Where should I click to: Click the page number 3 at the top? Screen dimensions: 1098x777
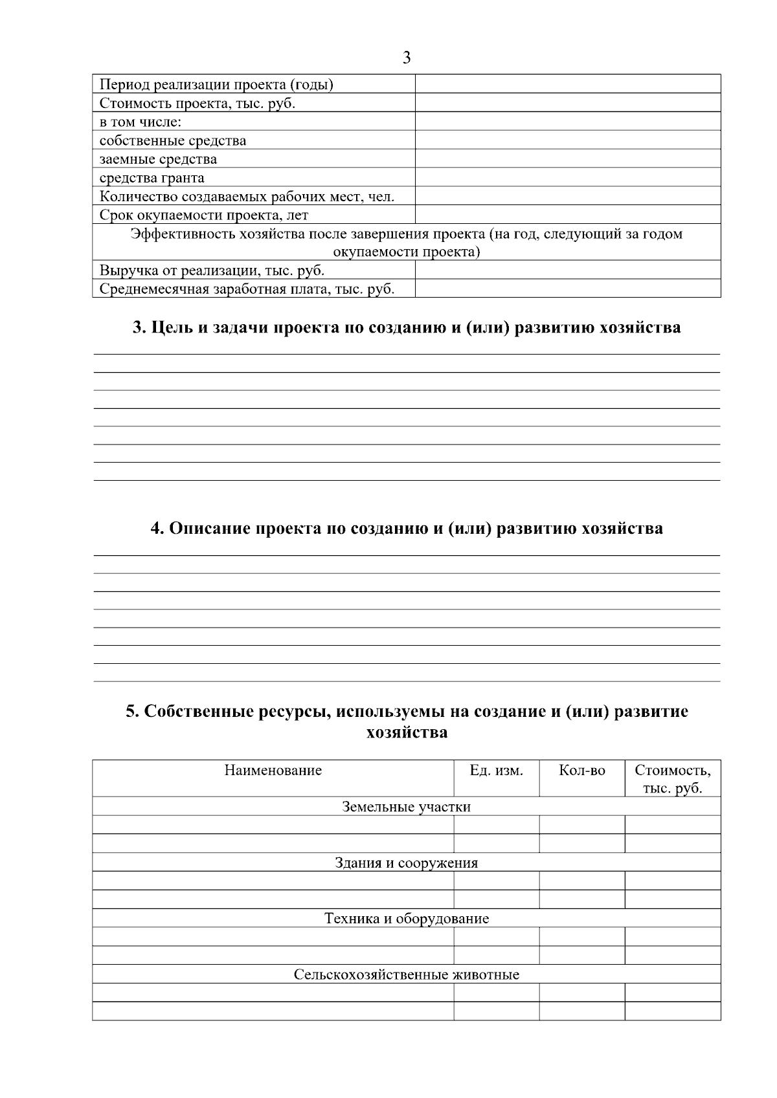(x=406, y=58)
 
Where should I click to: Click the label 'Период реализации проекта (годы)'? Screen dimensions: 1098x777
(x=216, y=85)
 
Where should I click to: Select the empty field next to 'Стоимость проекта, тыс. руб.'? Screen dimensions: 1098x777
(x=567, y=103)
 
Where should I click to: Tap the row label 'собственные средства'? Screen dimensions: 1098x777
(x=173, y=140)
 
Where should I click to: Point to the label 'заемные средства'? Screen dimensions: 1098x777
(x=159, y=159)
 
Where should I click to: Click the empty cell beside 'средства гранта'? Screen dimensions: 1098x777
(x=567, y=177)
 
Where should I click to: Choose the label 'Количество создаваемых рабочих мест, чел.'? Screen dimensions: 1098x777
(x=247, y=196)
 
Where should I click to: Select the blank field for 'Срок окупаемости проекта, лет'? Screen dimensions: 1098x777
(x=567, y=215)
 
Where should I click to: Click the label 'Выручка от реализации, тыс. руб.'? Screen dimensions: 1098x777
(x=212, y=270)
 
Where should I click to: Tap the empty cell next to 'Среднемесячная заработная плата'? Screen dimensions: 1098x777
(x=567, y=289)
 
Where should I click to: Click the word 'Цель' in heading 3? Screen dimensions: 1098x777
(x=170, y=327)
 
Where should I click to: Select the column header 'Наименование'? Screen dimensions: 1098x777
(x=273, y=771)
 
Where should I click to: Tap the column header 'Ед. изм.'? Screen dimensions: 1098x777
(x=496, y=771)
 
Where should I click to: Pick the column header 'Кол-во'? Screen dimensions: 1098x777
(x=581, y=771)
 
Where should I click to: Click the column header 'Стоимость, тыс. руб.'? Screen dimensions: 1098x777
(x=672, y=779)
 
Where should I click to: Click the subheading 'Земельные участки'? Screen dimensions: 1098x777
(x=406, y=807)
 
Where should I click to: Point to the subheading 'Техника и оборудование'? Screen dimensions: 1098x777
(x=406, y=919)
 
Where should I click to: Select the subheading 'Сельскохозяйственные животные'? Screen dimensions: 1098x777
(x=406, y=974)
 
